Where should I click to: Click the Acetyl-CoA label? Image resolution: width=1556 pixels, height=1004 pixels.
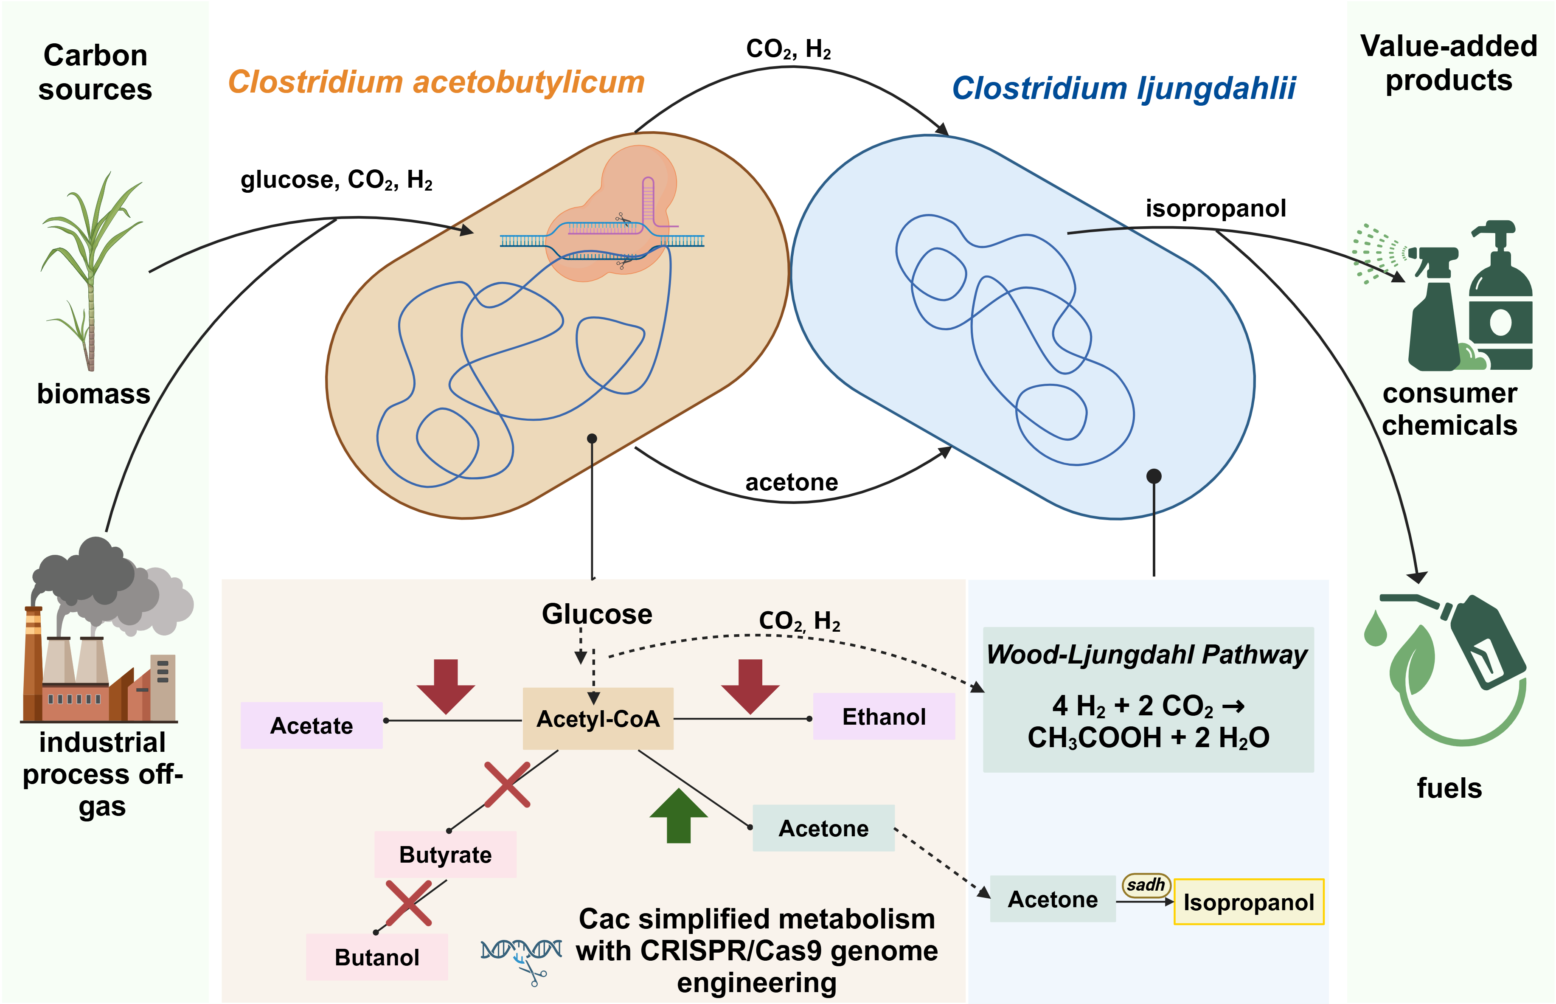(598, 719)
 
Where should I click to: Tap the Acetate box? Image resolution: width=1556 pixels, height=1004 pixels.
(311, 725)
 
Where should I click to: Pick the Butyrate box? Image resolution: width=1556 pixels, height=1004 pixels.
(445, 854)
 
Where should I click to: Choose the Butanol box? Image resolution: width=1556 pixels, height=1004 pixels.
(377, 957)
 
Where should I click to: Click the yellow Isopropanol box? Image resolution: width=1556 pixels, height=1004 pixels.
(1248, 902)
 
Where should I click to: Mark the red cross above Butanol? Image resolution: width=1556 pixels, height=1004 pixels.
(408, 903)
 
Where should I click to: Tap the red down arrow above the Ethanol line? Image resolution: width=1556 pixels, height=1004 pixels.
(750, 686)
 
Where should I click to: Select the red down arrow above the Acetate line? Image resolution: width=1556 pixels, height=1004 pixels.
(446, 686)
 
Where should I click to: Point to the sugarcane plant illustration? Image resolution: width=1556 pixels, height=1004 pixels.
(91, 270)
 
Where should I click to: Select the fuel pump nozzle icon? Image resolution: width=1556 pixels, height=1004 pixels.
(1480, 639)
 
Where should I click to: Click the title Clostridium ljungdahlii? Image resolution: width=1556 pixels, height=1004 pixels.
(1124, 88)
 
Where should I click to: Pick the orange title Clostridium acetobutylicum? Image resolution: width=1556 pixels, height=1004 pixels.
(436, 82)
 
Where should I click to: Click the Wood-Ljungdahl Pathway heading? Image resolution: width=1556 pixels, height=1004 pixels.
(1147, 654)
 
